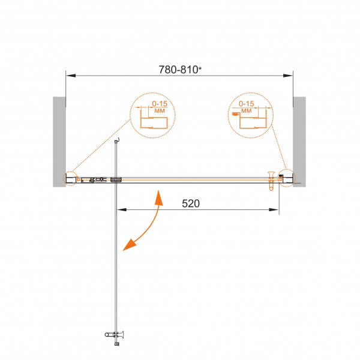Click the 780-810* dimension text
pos(180,70)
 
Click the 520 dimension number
pos(191,203)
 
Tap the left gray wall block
pos(59,142)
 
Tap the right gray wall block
pos(299,142)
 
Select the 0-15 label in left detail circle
pos(160,104)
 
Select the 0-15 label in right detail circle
pos(247,104)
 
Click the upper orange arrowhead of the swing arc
pos(159,197)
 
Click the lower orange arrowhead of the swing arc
pos(129,245)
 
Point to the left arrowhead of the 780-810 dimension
pos(71,76)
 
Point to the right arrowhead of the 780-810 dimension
pos(288,76)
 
